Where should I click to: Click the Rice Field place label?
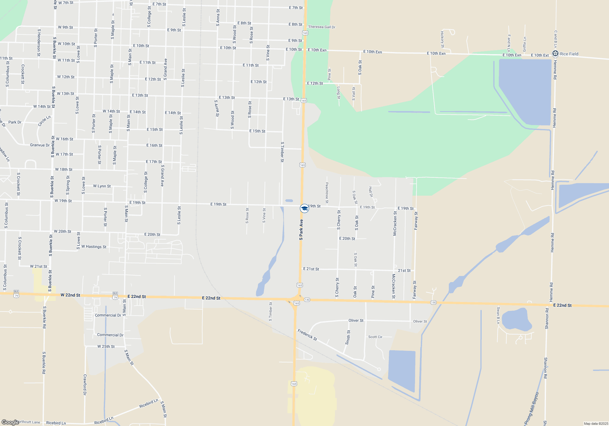pos(569,54)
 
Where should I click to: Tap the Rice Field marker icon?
pos(555,54)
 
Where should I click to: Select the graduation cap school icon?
pos(304,208)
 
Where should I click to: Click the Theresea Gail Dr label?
pos(322,27)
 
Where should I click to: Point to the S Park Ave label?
pos(301,230)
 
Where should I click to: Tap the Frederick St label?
pos(307,335)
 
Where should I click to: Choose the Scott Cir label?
pos(375,337)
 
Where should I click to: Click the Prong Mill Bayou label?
pos(531,408)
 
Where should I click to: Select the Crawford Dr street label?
pos(85,385)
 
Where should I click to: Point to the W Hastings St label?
pos(94,247)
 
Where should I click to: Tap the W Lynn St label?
pos(102,186)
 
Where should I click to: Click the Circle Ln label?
pos(44,121)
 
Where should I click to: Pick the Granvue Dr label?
pos(40,145)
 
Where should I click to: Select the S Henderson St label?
pos(39,43)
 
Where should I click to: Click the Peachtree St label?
pos(327,193)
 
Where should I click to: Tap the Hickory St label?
pos(442,40)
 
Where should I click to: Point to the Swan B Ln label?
pos(498,315)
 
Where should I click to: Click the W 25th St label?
pos(106,346)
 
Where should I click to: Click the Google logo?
pos(10,422)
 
